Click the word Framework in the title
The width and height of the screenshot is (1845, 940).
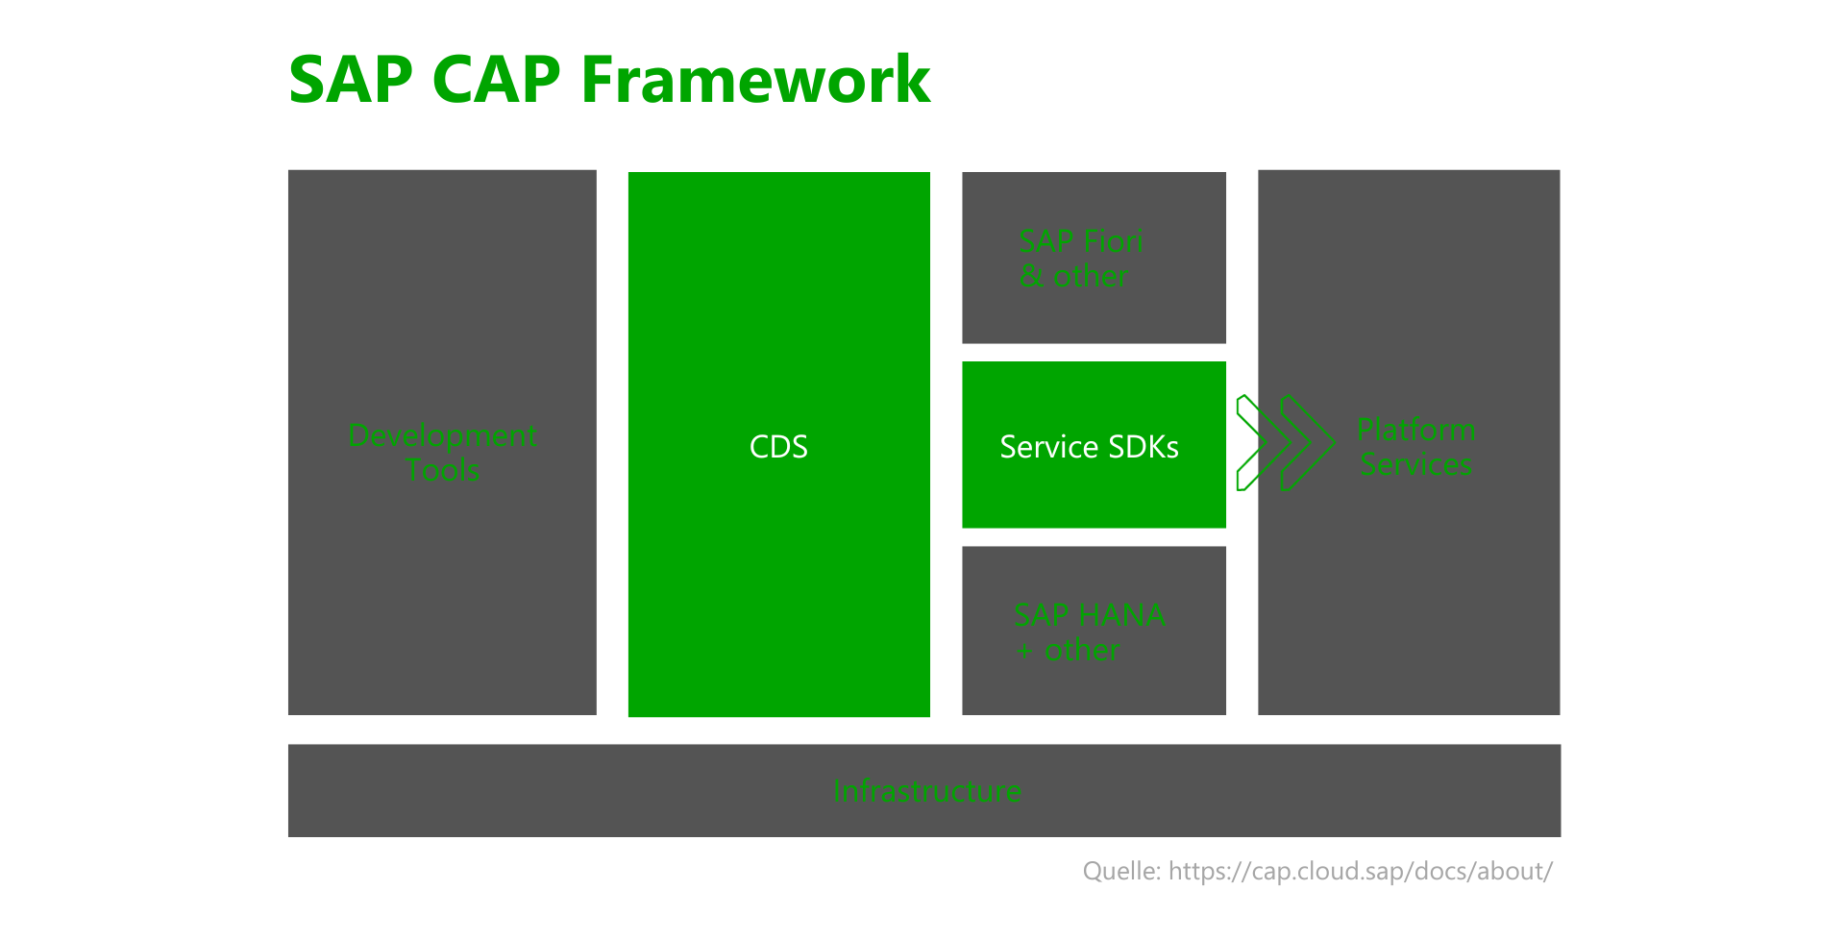coord(755,79)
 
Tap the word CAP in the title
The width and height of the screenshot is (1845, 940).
coord(496,79)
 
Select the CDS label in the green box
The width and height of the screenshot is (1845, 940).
coord(778,447)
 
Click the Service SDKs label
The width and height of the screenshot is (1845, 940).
coord(1089,447)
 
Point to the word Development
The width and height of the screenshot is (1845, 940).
coord(442,436)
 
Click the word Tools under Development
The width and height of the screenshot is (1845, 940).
coord(442,470)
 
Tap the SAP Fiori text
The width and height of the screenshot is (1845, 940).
coord(1080,240)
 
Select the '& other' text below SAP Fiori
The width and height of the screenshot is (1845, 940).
coord(1073,276)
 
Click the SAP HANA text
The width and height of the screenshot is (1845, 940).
coord(1090,615)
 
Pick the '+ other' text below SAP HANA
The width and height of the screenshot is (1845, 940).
coord(1068,651)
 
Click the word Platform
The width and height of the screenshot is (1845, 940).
coord(1415,430)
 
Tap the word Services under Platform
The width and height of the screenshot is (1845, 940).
coord(1415,464)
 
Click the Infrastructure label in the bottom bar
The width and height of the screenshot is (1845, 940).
coord(926,791)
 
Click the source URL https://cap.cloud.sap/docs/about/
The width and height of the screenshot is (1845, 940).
coord(1360,872)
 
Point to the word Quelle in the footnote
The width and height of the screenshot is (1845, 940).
coord(1121,872)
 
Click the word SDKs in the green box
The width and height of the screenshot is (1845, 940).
coord(1144,447)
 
